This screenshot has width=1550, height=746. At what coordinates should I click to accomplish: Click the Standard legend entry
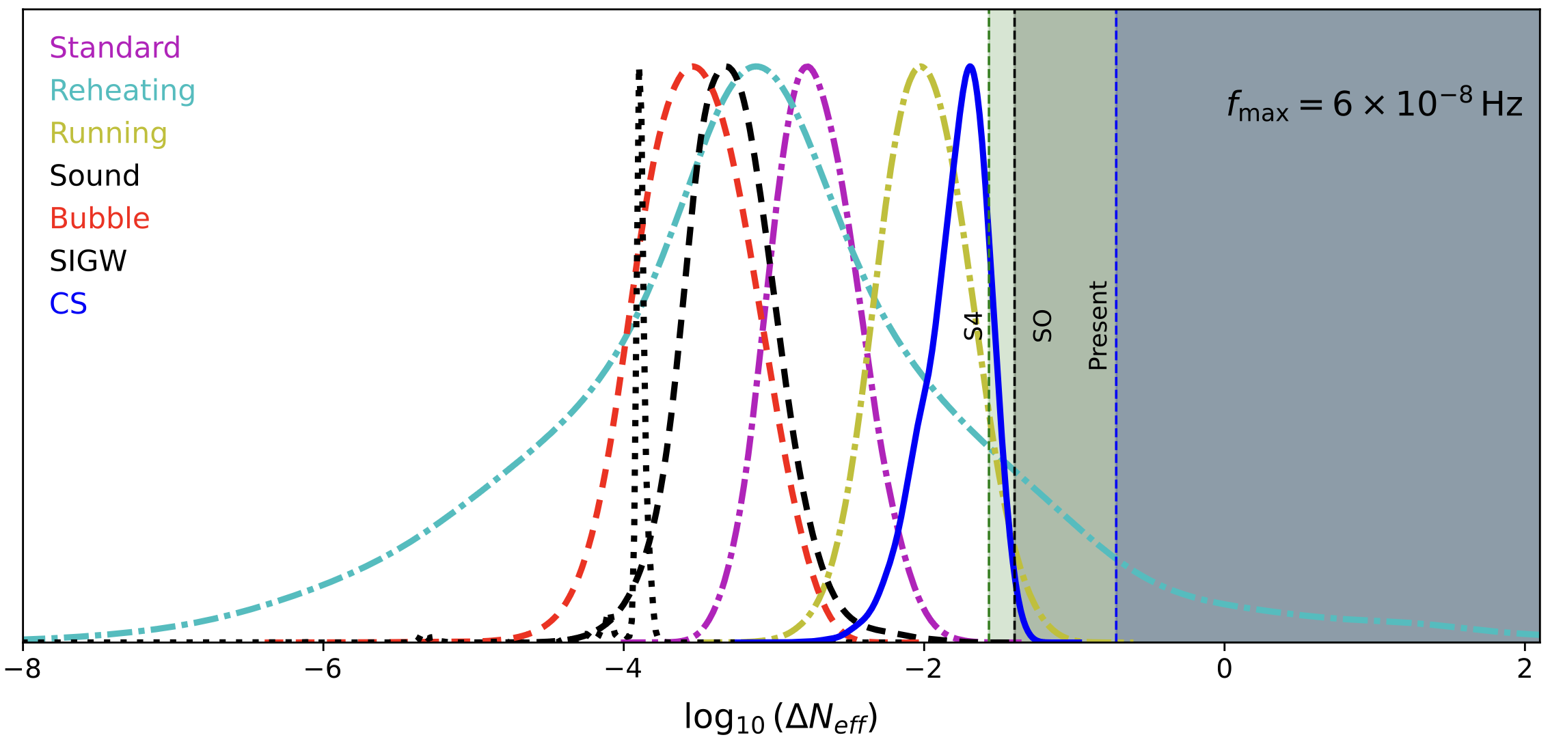pyautogui.click(x=115, y=48)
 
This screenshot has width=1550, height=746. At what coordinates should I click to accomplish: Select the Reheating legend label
pyautogui.click(x=122, y=90)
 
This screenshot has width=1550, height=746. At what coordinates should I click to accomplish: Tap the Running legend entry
pyautogui.click(x=108, y=133)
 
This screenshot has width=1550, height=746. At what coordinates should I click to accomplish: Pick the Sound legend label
pyautogui.click(x=94, y=176)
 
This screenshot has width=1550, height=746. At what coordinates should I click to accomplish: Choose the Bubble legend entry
pyautogui.click(x=99, y=219)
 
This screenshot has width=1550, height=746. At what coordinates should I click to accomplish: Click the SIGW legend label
pyautogui.click(x=87, y=261)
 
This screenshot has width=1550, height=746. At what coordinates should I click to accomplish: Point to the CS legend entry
pyautogui.click(x=68, y=304)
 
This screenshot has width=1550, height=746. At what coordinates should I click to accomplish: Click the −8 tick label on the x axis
pyautogui.click(x=23, y=669)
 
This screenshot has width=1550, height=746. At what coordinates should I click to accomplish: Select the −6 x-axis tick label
pyautogui.click(x=323, y=669)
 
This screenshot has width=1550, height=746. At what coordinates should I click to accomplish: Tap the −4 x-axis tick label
pyautogui.click(x=623, y=669)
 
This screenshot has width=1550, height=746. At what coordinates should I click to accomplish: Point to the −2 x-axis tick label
pyautogui.click(x=923, y=669)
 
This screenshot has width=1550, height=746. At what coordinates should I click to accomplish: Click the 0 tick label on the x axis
pyautogui.click(x=1224, y=669)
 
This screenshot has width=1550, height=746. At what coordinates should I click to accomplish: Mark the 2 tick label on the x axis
pyautogui.click(x=1525, y=669)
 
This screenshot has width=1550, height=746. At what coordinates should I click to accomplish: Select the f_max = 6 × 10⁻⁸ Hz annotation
pyautogui.click(x=1374, y=105)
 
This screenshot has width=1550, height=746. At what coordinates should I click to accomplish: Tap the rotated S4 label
pyautogui.click(x=973, y=326)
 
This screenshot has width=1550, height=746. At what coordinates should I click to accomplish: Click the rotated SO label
pyautogui.click(x=1042, y=326)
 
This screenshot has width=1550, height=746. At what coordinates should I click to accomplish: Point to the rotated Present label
pyautogui.click(x=1098, y=326)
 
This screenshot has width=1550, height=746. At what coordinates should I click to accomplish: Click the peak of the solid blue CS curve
pyautogui.click(x=969, y=66)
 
